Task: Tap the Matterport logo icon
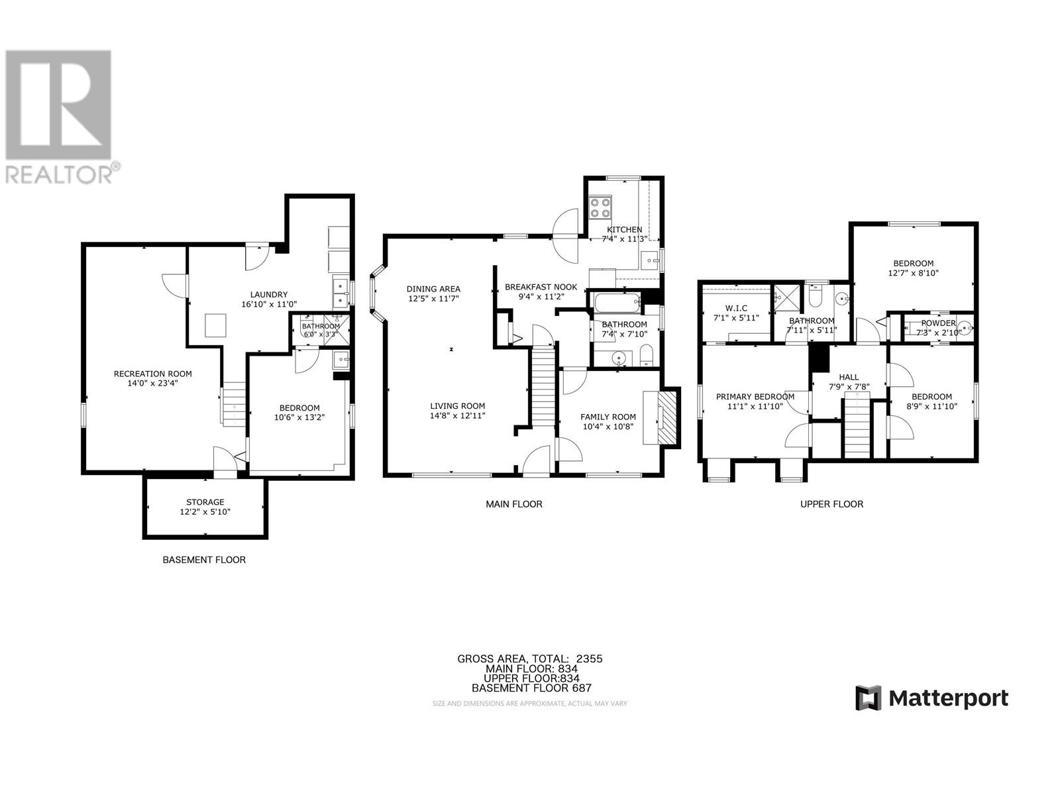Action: [x=869, y=698]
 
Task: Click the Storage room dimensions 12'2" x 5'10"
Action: [x=205, y=512]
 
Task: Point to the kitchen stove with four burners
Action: [x=601, y=207]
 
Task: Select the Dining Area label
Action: [x=433, y=289]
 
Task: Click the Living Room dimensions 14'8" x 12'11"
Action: [x=457, y=416]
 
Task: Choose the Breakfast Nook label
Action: [x=541, y=287]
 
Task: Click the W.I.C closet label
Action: [x=735, y=308]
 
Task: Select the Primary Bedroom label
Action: [x=755, y=397]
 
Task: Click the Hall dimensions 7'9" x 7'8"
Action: [x=849, y=387]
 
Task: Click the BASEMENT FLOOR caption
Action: [x=204, y=560]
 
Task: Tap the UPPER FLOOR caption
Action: [x=831, y=504]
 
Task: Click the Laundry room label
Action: [x=268, y=295]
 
